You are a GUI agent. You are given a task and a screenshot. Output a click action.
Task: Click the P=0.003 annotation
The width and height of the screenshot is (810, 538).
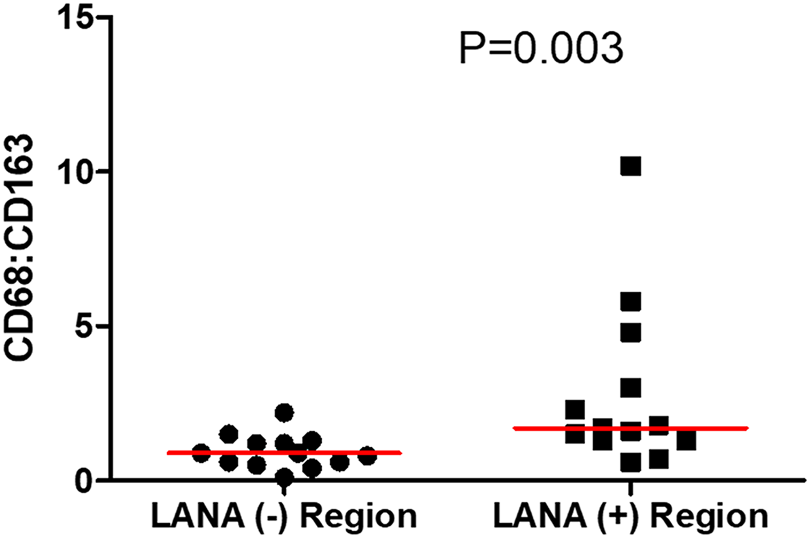click(541, 49)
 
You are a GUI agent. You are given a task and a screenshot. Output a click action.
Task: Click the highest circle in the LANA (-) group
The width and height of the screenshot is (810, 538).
click(284, 413)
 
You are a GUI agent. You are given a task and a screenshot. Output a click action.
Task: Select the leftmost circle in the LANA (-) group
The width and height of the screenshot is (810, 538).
click(201, 453)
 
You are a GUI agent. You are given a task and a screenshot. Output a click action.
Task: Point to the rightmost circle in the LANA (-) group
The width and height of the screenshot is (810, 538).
click(368, 456)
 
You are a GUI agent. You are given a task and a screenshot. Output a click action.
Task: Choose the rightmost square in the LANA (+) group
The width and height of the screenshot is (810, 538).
click(686, 440)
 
